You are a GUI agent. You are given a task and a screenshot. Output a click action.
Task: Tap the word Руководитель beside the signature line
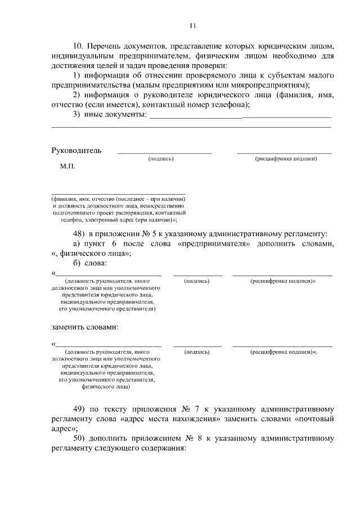coord(76,151)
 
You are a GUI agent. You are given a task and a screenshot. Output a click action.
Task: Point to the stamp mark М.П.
coord(67,167)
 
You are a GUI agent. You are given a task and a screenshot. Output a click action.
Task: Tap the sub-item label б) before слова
coord(79,263)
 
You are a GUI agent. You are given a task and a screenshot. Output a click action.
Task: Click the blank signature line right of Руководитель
coord(164,152)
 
